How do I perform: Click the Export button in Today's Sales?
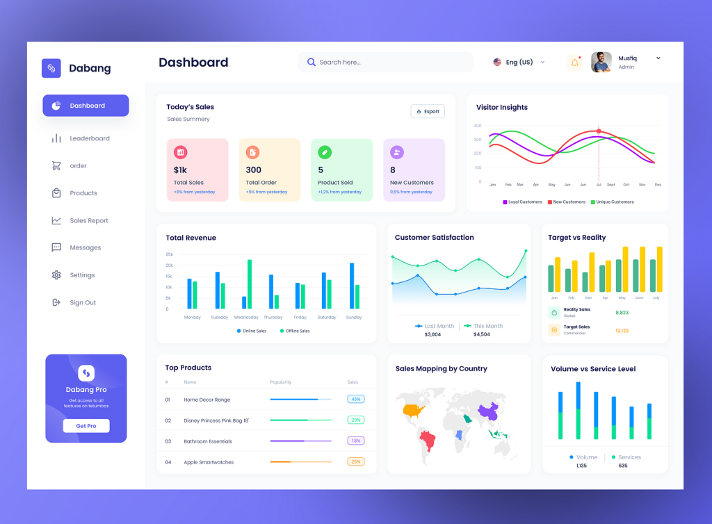(428, 111)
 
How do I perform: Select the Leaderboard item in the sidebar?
(89, 138)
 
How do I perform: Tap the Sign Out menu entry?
(82, 302)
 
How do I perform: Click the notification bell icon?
(574, 63)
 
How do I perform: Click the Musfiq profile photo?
(601, 63)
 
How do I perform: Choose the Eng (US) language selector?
(519, 63)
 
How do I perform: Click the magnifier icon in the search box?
(311, 63)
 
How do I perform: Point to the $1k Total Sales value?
(180, 170)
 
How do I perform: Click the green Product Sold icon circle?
(325, 152)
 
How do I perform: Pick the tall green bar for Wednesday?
(250, 284)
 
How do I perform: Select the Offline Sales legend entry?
(296, 331)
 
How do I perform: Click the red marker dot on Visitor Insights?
(599, 131)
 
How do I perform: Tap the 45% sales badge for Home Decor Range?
(356, 400)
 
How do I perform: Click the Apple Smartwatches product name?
(209, 462)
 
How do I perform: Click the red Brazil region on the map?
(426, 440)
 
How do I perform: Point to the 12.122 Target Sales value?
(622, 331)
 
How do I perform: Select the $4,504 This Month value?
(481, 335)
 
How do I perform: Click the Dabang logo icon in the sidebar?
(51, 68)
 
